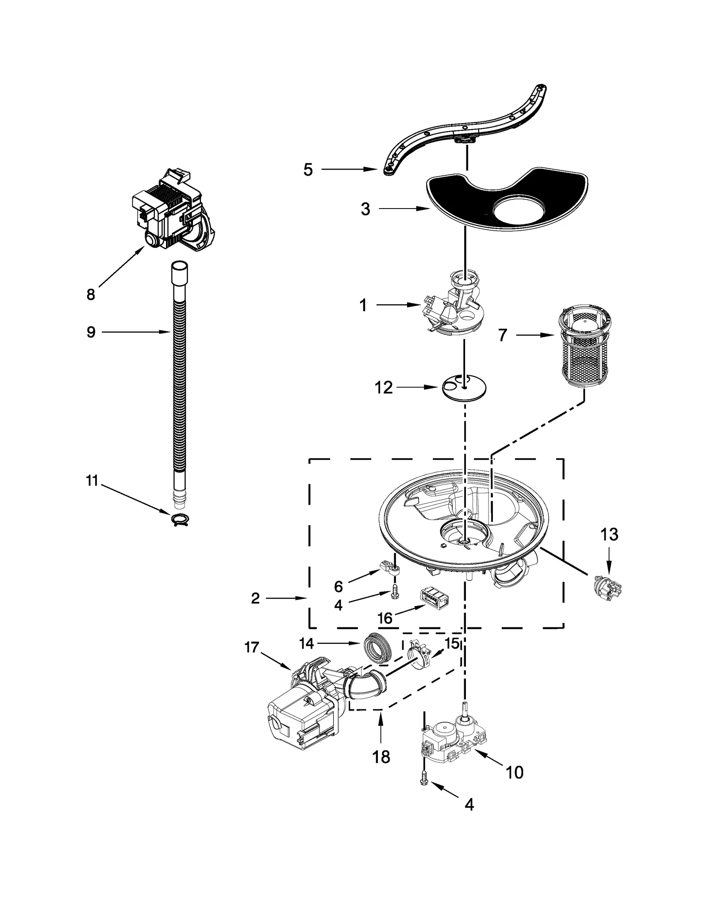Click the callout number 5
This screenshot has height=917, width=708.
click(x=308, y=170)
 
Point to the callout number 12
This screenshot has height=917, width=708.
click(x=383, y=388)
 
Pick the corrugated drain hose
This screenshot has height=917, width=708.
click(x=179, y=381)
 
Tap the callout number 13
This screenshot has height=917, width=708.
click(x=609, y=534)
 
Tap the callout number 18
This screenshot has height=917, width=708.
click(x=381, y=757)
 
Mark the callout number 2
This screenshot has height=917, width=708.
click(x=255, y=599)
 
